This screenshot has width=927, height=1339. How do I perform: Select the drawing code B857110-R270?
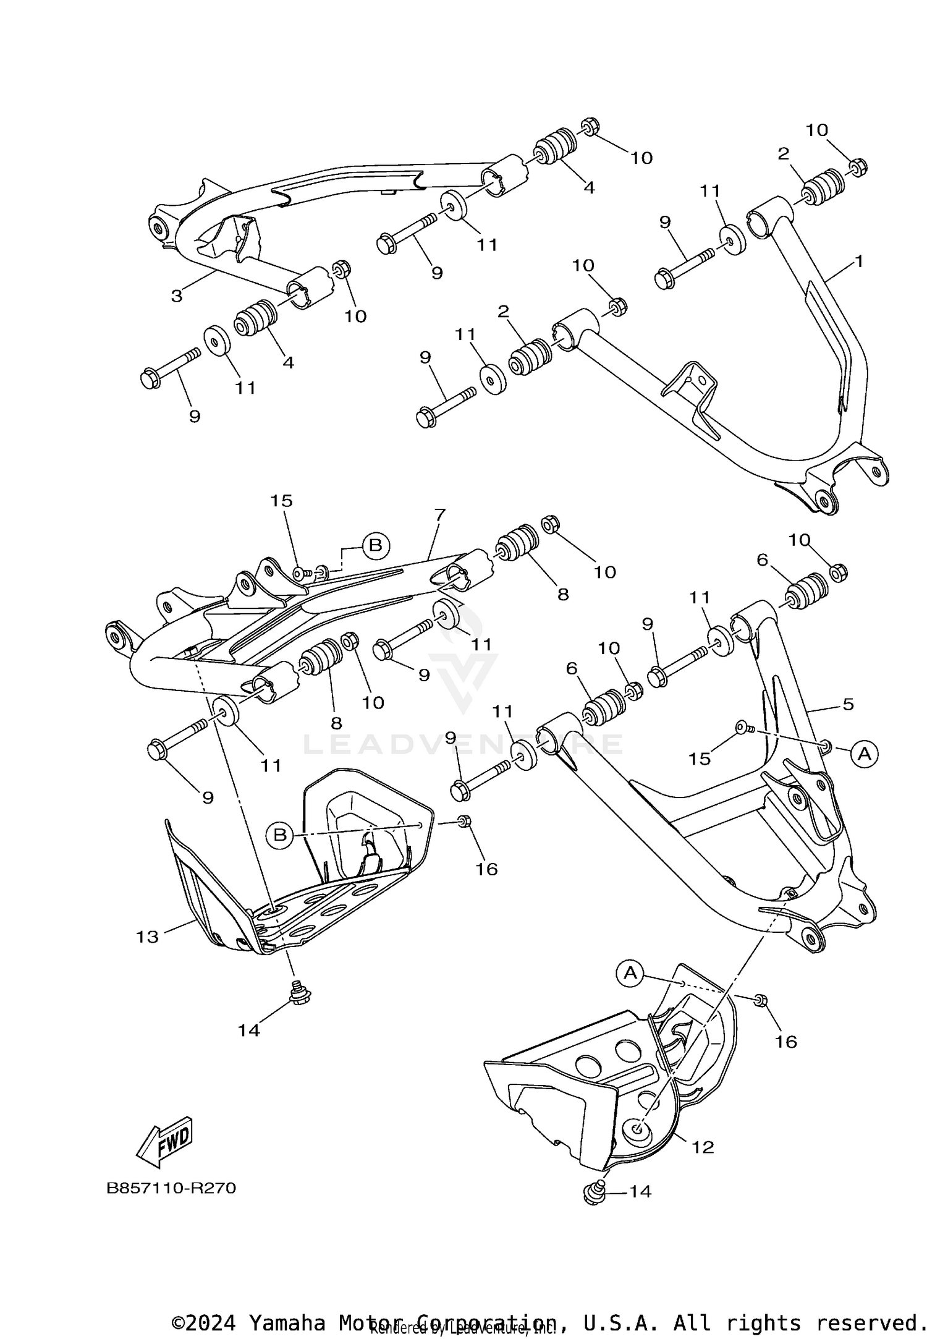(x=171, y=1188)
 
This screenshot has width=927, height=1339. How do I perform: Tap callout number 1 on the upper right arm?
(x=858, y=261)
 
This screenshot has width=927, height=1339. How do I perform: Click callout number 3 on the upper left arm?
(x=177, y=295)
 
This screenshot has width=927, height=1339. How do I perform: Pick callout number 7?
(x=439, y=514)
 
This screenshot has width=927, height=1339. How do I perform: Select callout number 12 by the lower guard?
(x=703, y=1147)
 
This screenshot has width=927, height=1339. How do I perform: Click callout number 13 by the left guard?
(x=147, y=937)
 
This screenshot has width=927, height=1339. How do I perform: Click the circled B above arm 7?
(x=375, y=545)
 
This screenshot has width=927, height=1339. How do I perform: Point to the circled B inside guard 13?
(x=280, y=835)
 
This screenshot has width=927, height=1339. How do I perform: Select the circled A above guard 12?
(x=630, y=973)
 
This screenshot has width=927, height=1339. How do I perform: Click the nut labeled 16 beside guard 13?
(x=465, y=821)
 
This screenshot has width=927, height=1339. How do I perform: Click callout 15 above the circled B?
(x=281, y=501)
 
